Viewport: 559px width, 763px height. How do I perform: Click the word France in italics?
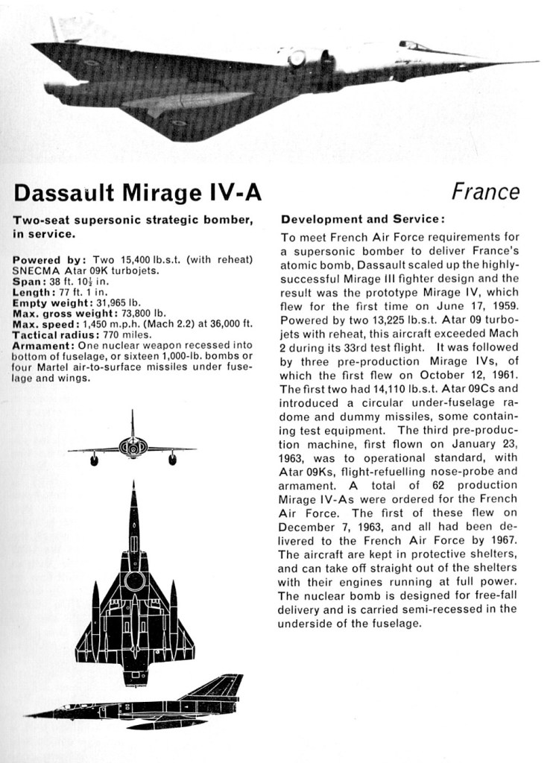tap(485, 192)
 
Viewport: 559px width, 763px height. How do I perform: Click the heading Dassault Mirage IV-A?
tap(138, 193)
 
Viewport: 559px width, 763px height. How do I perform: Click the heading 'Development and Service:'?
tap(362, 220)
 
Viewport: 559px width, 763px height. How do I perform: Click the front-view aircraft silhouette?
tap(133, 447)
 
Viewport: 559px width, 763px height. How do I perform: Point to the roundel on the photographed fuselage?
tap(297, 58)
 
